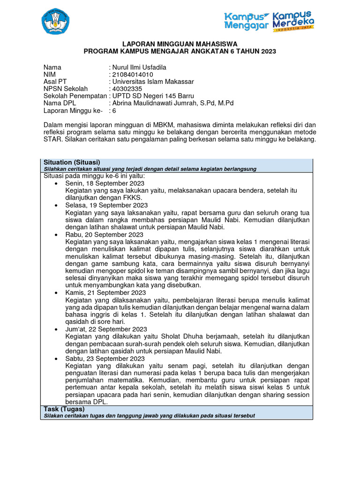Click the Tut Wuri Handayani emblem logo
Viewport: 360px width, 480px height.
pyautogui.click(x=55, y=21)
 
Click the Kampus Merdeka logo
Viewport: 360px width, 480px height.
pyautogui.click(x=293, y=20)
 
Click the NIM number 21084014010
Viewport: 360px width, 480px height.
pyautogui.click(x=132, y=75)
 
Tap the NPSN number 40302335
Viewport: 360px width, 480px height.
pyautogui.click(x=127, y=89)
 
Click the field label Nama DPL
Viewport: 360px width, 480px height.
pyautogui.click(x=59, y=103)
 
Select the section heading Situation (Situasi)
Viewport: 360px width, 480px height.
pyautogui.click(x=72, y=162)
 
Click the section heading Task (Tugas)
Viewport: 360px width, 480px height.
pyautogui.click(x=64, y=409)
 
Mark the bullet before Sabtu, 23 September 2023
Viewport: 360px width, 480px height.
pyautogui.click(x=56, y=358)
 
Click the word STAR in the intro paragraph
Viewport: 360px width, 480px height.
pyautogui.click(x=52, y=140)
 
